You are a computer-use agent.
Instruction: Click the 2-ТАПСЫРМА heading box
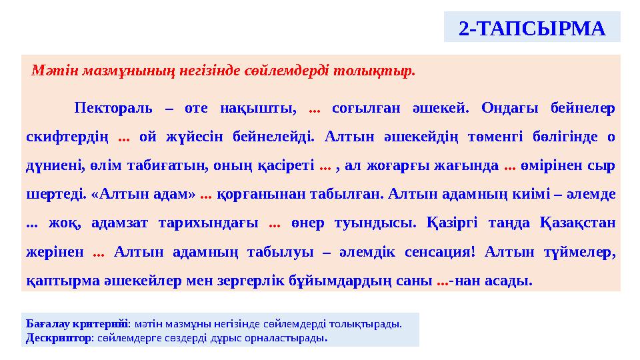(x=532, y=28)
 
